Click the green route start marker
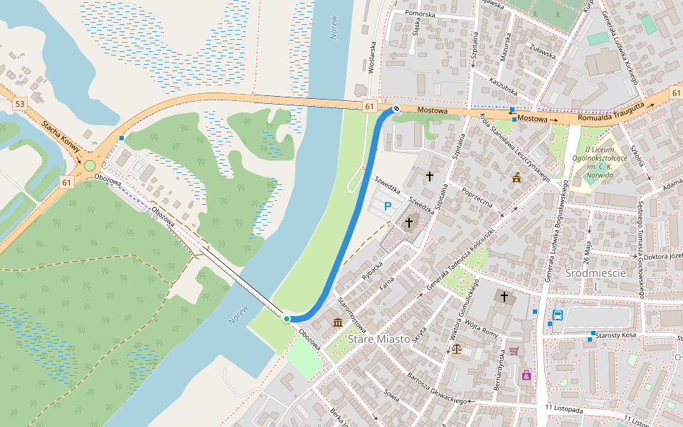[287, 319]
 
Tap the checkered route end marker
[396, 109]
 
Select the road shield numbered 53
[19, 104]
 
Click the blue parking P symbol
[388, 206]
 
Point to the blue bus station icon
[558, 315]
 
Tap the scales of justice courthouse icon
[456, 350]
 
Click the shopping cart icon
[514, 351]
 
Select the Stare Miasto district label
[379, 339]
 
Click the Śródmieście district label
[595, 273]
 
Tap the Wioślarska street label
[371, 57]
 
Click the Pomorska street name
[420, 14]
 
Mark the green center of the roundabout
[90, 166]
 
